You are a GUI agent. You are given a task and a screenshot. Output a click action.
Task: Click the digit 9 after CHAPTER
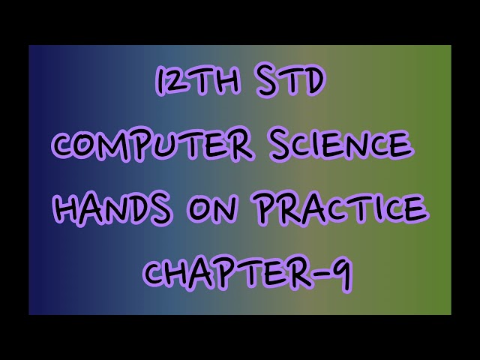click(340, 274)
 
